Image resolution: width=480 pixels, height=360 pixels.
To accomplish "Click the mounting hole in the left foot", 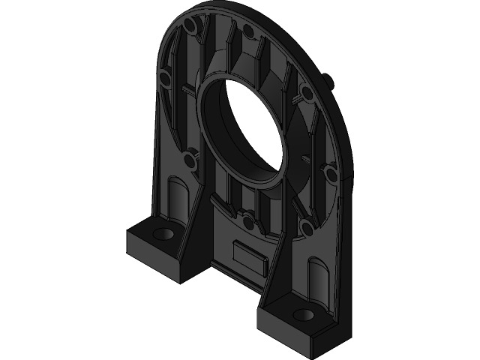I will coord(160,234).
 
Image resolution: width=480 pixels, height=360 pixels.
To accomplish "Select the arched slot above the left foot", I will coord(177,199).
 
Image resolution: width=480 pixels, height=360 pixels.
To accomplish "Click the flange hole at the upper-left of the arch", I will coord(191,28).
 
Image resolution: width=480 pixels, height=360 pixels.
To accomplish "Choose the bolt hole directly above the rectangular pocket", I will coord(247,220).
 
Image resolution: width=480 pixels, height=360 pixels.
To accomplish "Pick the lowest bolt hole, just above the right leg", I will coord(305,223).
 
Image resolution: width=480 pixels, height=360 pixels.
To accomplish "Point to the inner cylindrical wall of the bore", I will coord(225,127).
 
